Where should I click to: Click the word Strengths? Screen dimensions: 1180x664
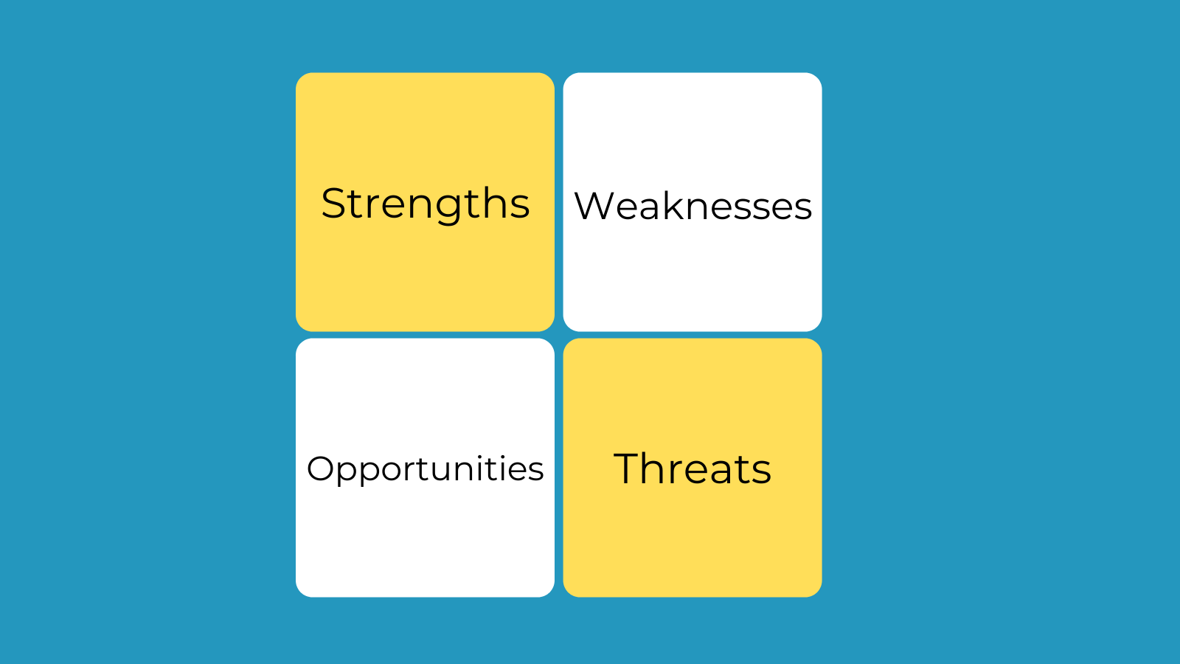click(x=425, y=204)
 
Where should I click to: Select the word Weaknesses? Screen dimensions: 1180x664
click(x=693, y=206)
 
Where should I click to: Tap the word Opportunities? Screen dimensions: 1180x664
click(x=425, y=469)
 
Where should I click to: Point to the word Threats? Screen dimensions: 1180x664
click(x=693, y=468)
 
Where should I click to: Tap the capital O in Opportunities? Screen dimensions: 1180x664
click(x=321, y=468)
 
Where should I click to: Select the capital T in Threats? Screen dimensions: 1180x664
click(x=627, y=468)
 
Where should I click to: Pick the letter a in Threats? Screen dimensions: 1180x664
click(x=725, y=472)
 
